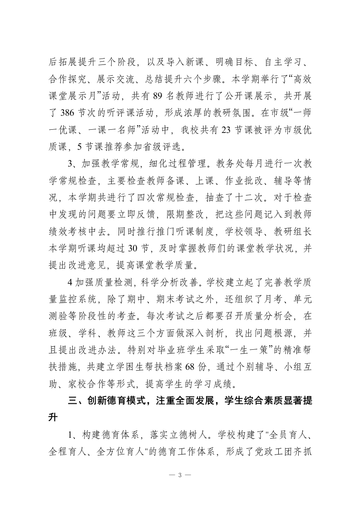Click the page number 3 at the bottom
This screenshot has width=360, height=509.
tap(180, 475)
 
